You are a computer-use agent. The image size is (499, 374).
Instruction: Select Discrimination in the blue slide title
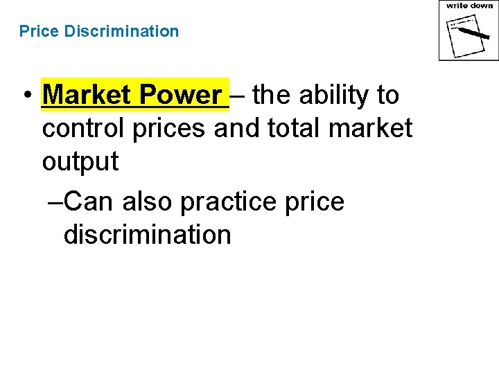click(x=121, y=31)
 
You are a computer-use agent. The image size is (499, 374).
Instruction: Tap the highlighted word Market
click(x=87, y=95)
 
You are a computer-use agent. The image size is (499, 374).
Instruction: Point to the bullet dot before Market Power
click(x=26, y=96)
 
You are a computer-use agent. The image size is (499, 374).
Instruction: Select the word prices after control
click(x=169, y=128)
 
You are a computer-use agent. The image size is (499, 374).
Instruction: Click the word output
click(x=80, y=162)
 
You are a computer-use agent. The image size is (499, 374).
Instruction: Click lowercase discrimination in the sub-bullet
click(x=147, y=235)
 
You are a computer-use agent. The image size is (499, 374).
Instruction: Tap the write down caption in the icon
click(x=469, y=6)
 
